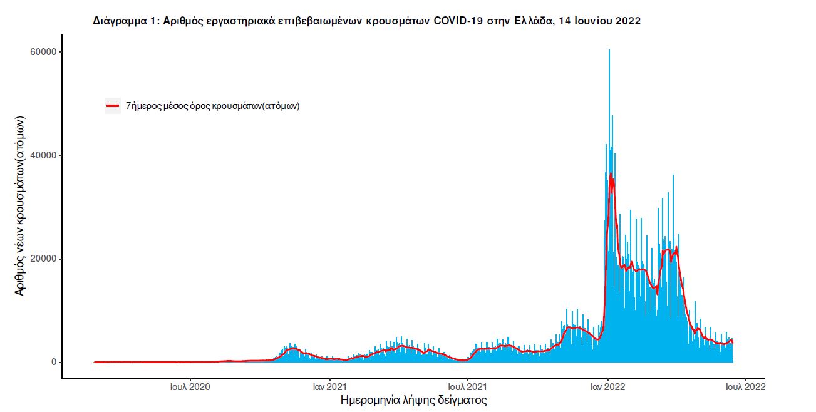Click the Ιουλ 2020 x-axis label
point(190,386)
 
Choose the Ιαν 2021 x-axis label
point(329,386)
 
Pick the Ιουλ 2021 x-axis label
point(468,386)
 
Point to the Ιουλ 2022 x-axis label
point(745,386)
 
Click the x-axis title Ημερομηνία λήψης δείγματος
point(413,399)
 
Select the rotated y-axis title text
point(20,206)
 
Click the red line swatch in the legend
point(113,106)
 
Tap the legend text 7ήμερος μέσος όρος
point(213,106)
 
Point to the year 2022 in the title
point(628,21)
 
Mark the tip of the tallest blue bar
point(609,49)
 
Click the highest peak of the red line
point(611,173)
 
